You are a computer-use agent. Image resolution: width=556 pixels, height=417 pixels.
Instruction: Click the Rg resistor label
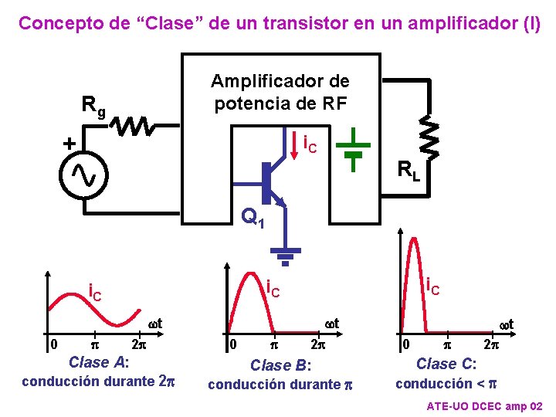tap(94, 108)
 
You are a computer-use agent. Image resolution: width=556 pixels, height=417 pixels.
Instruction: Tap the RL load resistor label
tap(409, 170)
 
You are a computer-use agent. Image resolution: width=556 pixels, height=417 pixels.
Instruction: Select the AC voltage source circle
tap(83, 177)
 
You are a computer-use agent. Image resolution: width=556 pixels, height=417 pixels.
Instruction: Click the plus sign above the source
tap(69, 144)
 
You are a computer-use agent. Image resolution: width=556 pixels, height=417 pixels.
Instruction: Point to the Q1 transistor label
tap(253, 218)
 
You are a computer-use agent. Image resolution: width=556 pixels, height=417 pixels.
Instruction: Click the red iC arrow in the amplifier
tap(297, 144)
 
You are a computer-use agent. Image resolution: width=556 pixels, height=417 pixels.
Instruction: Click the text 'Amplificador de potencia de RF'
tap(280, 92)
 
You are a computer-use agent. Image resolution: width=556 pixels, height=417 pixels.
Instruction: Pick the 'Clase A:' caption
tap(98, 362)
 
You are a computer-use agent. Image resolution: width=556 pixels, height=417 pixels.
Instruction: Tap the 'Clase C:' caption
tap(446, 364)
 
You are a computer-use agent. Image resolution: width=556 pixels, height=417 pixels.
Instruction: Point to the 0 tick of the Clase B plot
tap(232, 344)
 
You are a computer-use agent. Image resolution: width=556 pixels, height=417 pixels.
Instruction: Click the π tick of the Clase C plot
tap(448, 344)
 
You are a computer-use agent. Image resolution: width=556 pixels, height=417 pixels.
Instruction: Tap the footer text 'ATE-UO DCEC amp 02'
tap(485, 406)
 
